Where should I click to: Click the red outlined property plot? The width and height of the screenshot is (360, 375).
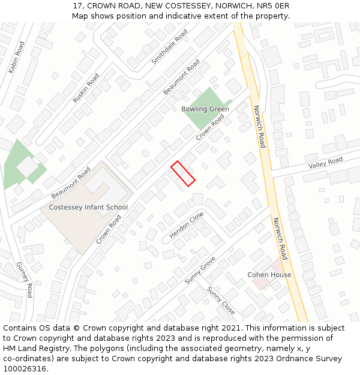183,174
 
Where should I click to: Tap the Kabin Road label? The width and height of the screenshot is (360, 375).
17,58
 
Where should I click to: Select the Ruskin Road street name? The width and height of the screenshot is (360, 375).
86,88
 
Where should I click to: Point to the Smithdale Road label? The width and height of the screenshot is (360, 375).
170,46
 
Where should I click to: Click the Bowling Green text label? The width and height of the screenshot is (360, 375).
205,109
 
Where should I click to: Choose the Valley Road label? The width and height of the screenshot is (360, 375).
325,162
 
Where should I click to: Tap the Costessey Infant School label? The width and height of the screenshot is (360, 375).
88,208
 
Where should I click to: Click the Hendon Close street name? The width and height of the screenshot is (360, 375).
187,225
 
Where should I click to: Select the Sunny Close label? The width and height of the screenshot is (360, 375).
221,300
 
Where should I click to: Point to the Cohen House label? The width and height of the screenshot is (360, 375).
269,275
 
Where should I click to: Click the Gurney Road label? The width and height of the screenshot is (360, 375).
25,280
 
